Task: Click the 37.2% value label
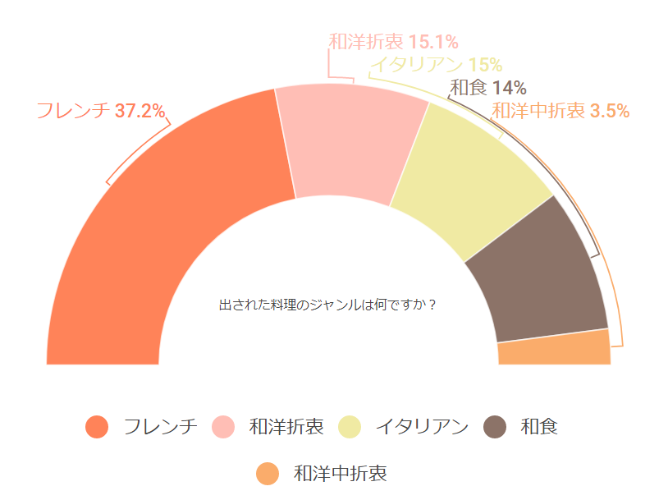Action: point(140,111)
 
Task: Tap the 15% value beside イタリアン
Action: point(485,66)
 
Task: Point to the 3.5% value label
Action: point(609,110)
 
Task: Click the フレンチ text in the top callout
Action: point(73,111)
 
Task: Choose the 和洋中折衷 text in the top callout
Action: point(538,110)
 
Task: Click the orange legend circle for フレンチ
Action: point(97,427)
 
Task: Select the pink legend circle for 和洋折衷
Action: point(223,427)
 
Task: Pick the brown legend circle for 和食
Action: point(495,427)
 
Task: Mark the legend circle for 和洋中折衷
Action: point(268,474)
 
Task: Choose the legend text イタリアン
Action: point(422,427)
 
